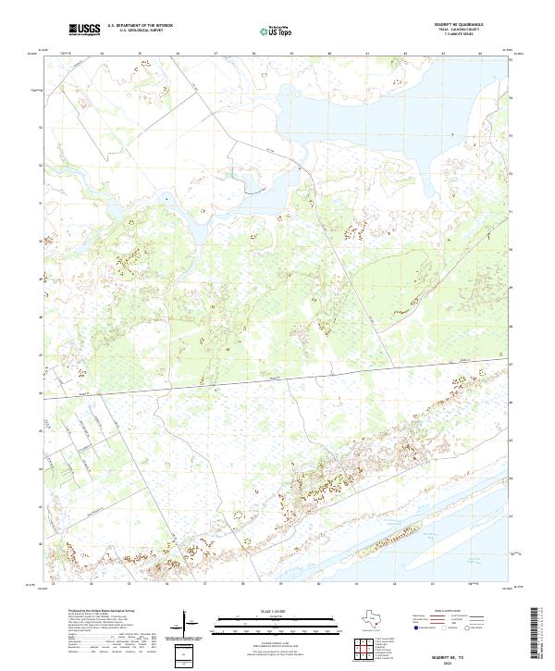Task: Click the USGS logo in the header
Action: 84,30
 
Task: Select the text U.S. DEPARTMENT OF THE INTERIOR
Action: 140,26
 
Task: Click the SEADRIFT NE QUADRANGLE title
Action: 450,25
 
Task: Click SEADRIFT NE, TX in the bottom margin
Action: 450,652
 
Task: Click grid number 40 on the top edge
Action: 329,54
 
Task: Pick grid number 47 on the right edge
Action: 512,365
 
